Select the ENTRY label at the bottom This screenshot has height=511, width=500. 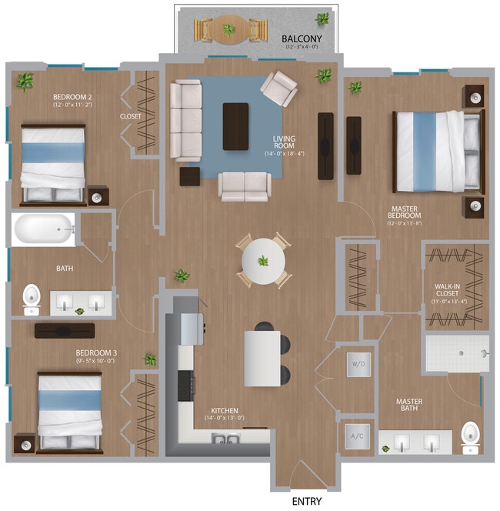pyautogui.click(x=306, y=501)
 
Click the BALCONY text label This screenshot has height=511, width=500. pyautogui.click(x=302, y=38)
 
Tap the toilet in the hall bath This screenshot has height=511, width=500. pyautogui.click(x=32, y=298)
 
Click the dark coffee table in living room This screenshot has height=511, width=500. pyautogui.click(x=235, y=126)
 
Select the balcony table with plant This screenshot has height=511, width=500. pyautogui.click(x=228, y=30)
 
